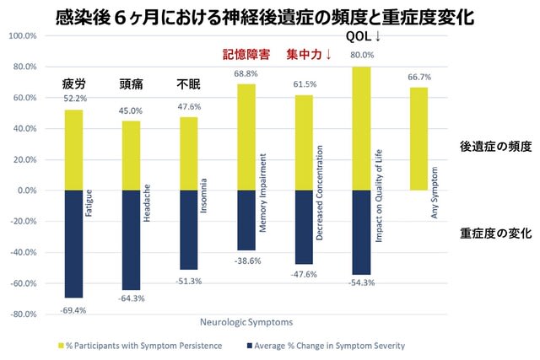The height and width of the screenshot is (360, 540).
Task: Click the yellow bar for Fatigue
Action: click(x=73, y=150)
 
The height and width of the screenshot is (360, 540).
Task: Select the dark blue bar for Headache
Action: click(x=132, y=240)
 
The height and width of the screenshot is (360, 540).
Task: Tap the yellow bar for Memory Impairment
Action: click(x=246, y=137)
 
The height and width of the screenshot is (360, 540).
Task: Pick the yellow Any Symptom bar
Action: click(x=418, y=139)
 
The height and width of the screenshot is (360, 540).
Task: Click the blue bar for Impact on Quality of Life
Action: click(x=361, y=233)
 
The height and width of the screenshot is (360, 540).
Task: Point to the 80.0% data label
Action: click(x=362, y=55)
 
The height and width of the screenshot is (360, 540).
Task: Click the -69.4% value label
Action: click(x=73, y=311)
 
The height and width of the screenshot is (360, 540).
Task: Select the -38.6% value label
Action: click(x=247, y=261)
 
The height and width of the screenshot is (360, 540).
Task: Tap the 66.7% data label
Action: click(x=419, y=77)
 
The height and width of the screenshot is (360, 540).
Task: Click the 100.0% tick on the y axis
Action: click(x=23, y=35)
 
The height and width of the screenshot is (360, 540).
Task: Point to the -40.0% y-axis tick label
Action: click(x=24, y=253)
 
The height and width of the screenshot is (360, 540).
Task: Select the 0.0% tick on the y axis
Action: click(x=27, y=191)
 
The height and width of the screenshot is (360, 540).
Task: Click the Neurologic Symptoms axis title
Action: click(x=246, y=323)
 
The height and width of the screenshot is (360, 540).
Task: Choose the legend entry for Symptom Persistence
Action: click(x=141, y=346)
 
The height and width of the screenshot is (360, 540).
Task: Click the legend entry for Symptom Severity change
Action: click(x=326, y=346)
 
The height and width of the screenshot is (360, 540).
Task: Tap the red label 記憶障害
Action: click(x=246, y=54)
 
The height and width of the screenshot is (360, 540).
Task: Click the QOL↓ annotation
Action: click(x=363, y=36)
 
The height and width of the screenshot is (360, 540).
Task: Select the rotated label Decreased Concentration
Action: click(x=319, y=193)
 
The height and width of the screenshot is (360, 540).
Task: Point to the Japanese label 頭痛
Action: click(x=131, y=84)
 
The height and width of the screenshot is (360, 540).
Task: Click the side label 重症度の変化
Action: click(x=496, y=234)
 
